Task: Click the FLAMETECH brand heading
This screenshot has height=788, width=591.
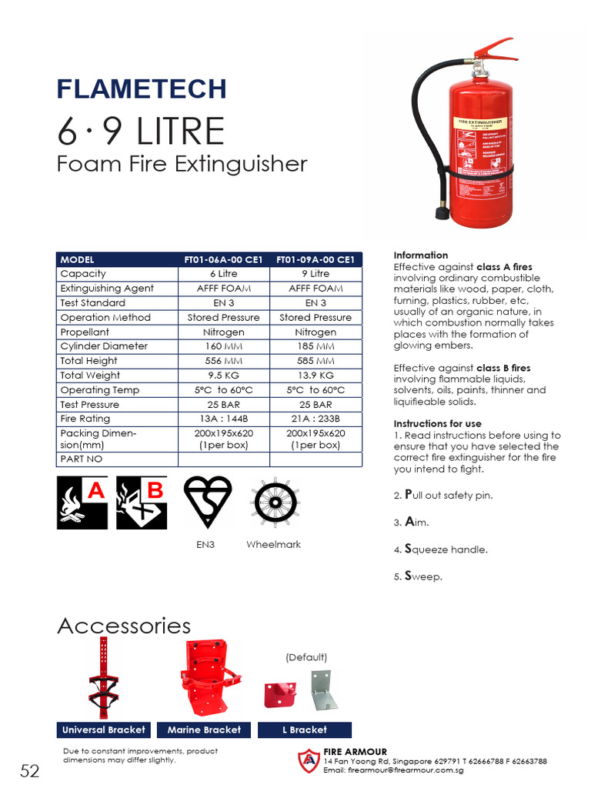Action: pos(142,88)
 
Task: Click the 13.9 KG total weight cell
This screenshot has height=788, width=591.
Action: pos(316,376)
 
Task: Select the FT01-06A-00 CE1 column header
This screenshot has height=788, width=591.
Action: pos(223,259)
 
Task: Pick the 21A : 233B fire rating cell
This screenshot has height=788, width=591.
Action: pos(316,419)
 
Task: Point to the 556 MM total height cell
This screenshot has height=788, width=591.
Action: pos(223,361)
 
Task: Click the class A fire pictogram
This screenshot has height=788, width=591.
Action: pos(82,503)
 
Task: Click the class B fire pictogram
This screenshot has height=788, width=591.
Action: pos(142,503)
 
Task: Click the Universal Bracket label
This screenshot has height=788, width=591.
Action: pos(104,730)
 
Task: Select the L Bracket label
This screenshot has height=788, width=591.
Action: pos(306,730)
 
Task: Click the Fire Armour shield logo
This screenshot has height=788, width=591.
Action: pos(309,760)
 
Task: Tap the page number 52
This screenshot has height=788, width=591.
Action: pos(30,771)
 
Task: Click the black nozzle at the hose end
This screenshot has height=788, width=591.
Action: pos(443,211)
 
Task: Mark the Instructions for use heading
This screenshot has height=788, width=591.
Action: pos(438,424)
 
